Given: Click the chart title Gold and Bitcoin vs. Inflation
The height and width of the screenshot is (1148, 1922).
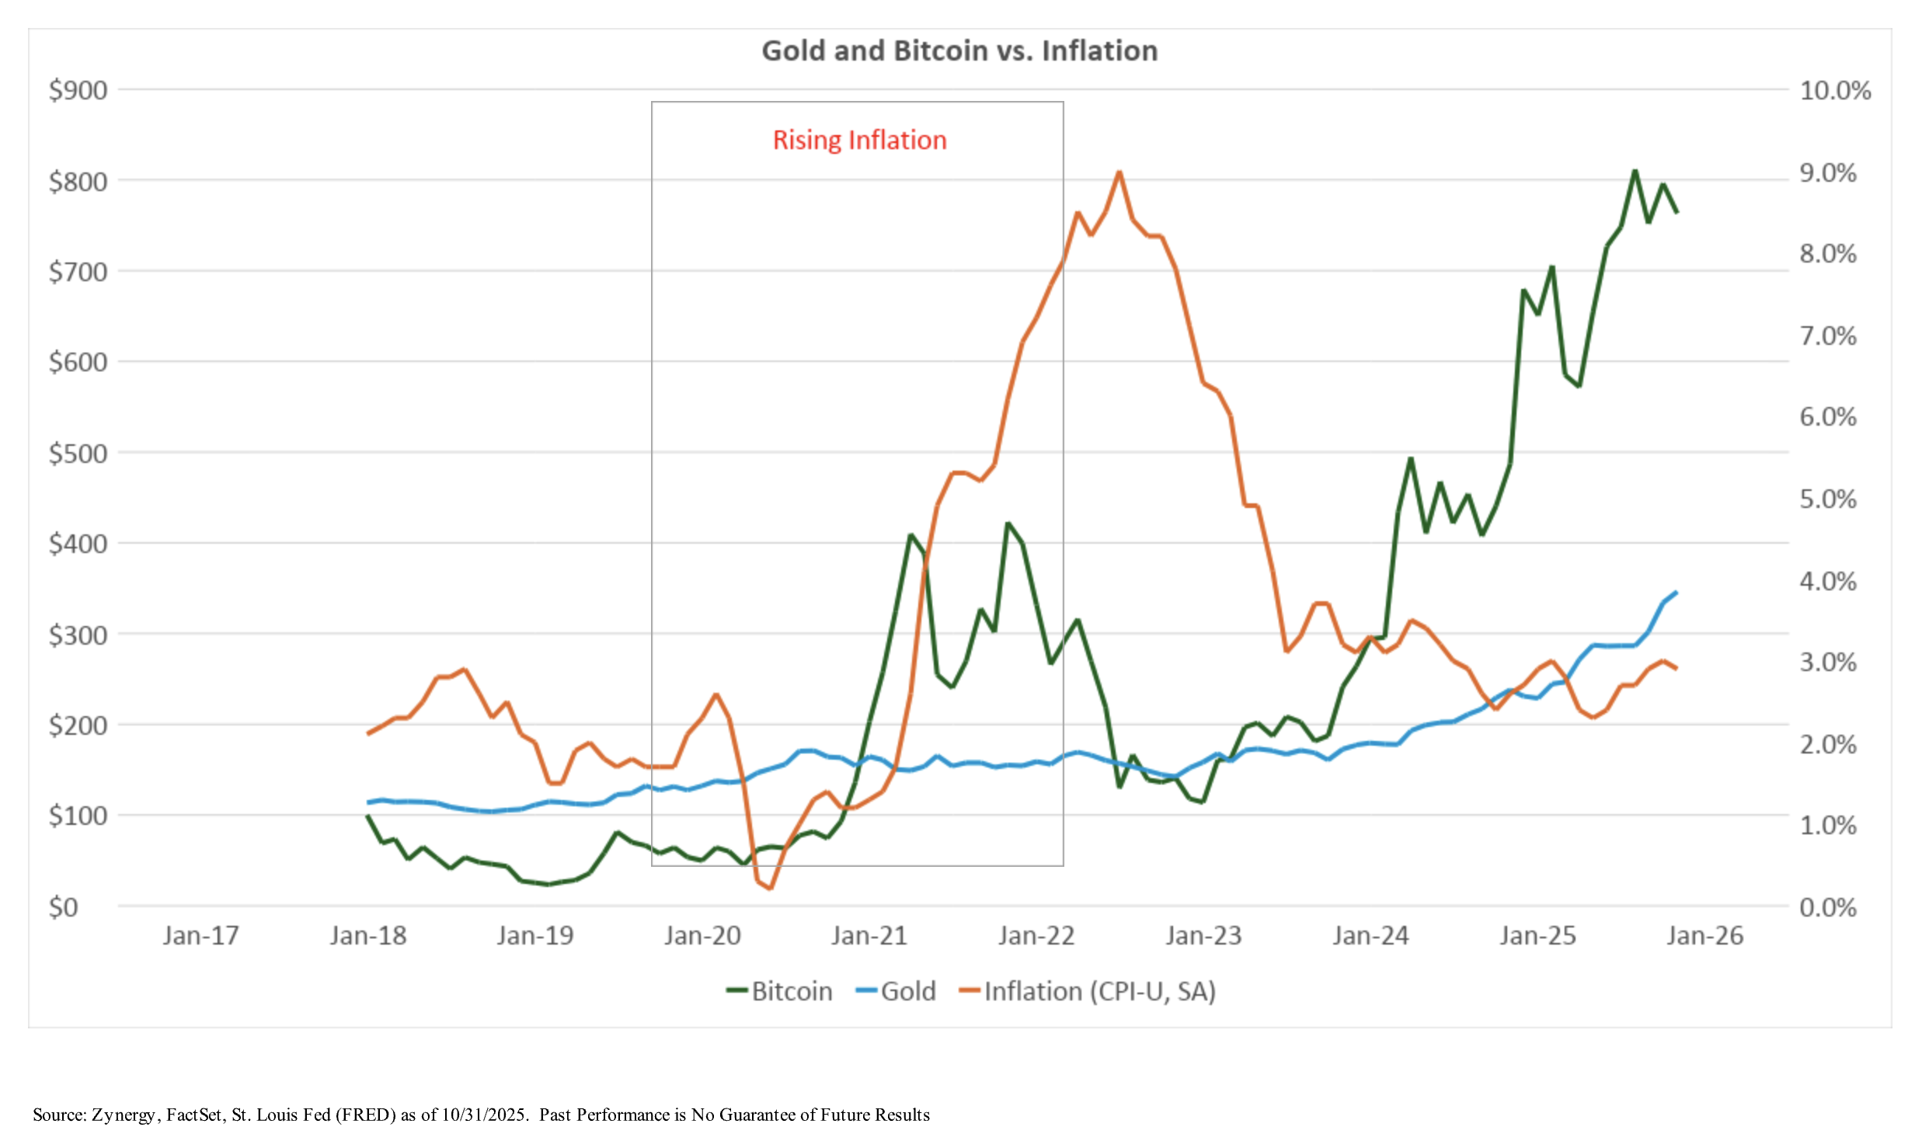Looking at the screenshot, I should click(x=959, y=51).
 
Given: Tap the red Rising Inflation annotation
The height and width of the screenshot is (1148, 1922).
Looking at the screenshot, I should click(x=859, y=141).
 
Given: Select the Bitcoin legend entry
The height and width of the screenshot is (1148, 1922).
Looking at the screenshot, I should click(x=780, y=992).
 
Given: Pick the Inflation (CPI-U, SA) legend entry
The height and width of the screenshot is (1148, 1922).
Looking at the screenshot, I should click(x=1088, y=992).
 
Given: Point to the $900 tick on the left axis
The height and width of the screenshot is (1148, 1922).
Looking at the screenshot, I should click(x=78, y=91).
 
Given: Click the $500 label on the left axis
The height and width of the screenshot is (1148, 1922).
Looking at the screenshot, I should click(x=78, y=454).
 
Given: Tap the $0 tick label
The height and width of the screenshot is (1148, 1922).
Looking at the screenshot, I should click(x=63, y=907).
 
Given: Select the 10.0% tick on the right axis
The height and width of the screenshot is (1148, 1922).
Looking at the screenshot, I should click(x=1835, y=91).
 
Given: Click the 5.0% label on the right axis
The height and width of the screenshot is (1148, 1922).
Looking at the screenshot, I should click(x=1828, y=499).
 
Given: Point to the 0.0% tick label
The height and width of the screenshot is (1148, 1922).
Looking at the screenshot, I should click(x=1828, y=907).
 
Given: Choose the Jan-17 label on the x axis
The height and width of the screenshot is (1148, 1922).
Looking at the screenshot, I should click(x=200, y=936).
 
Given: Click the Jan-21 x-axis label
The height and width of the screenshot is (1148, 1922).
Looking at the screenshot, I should click(x=869, y=936).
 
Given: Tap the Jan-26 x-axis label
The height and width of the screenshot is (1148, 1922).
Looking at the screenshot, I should click(x=1705, y=936).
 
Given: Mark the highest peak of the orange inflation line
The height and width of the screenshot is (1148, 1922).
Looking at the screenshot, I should click(x=1119, y=172).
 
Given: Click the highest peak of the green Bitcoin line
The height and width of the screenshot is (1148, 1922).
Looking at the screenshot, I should click(x=1635, y=171).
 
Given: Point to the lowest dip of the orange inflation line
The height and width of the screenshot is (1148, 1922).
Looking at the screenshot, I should click(x=769, y=888).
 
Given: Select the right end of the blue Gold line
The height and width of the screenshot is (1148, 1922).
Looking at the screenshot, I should click(x=1677, y=593).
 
